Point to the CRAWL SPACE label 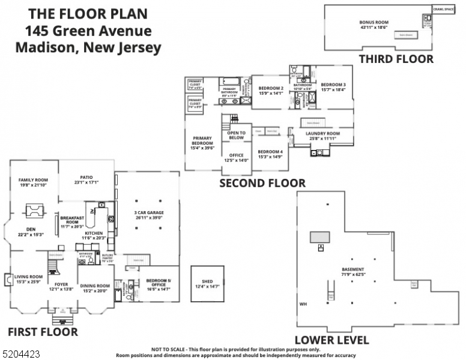pos(444,9)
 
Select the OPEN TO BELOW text pos(237,135)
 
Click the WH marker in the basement pos(303,304)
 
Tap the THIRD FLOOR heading pos(396,59)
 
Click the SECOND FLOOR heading pos(262,183)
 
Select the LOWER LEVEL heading pos(332,340)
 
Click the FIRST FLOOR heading pos(42,331)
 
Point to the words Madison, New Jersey pos(88,48)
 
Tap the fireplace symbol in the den pos(32,211)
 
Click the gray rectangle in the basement pos(320,237)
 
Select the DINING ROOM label pos(95,287)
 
